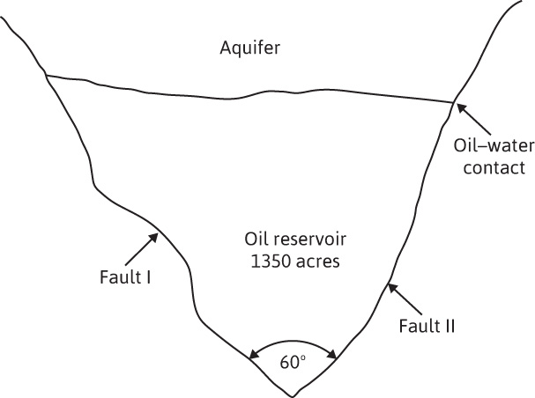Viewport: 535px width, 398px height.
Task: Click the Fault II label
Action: (425, 326)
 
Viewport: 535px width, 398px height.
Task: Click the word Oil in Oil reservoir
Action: (255, 239)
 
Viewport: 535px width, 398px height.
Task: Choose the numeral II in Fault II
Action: (449, 326)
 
